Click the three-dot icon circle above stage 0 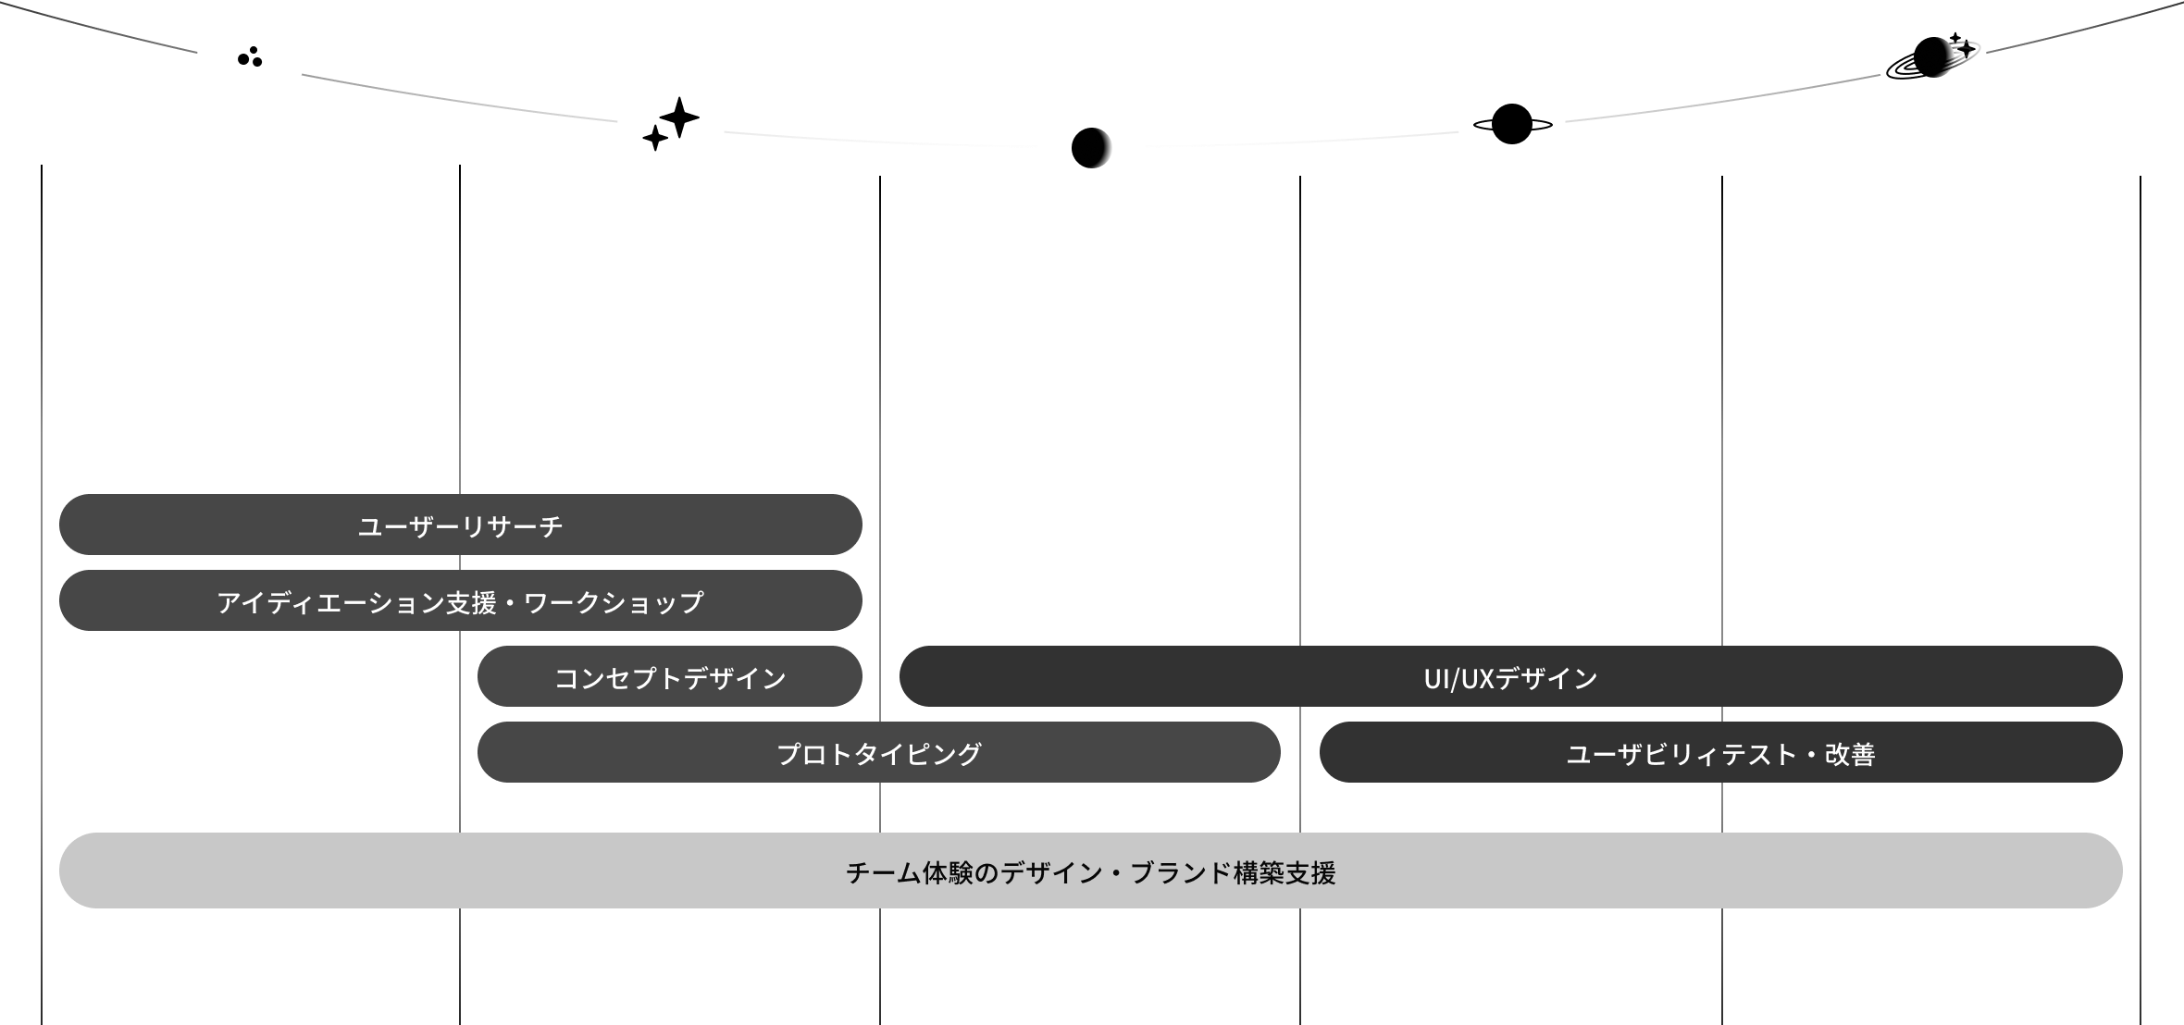[x=250, y=57]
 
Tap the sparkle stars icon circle [x=671, y=123]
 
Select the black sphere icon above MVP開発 [x=1091, y=148]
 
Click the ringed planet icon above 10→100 [x=1511, y=124]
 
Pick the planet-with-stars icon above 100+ [x=1931, y=57]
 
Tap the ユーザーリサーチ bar [x=460, y=525]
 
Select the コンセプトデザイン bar [x=670, y=677]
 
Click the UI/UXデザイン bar [x=1510, y=677]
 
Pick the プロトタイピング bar [x=878, y=753]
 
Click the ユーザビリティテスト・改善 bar [x=1720, y=753]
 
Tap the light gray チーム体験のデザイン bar [x=1090, y=871]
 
